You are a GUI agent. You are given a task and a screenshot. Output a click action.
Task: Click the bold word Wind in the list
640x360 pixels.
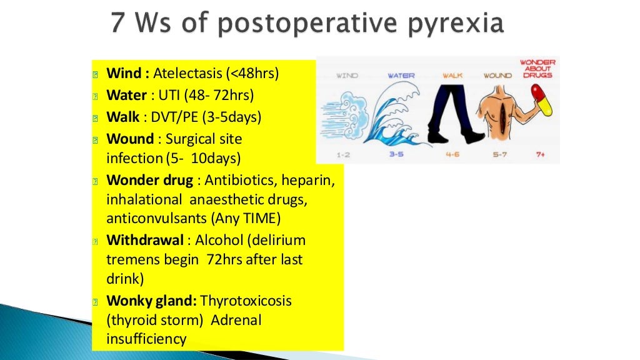tap(126, 74)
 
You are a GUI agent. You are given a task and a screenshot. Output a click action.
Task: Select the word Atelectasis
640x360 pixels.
tap(187, 74)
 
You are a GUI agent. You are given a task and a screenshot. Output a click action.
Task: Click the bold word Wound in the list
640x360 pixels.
tap(130, 139)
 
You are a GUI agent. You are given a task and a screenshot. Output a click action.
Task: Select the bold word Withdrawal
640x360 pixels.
tap(145, 240)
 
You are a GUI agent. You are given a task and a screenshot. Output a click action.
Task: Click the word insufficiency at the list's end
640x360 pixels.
tap(146, 339)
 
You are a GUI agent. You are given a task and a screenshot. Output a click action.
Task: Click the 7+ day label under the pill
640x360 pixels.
tap(540, 154)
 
